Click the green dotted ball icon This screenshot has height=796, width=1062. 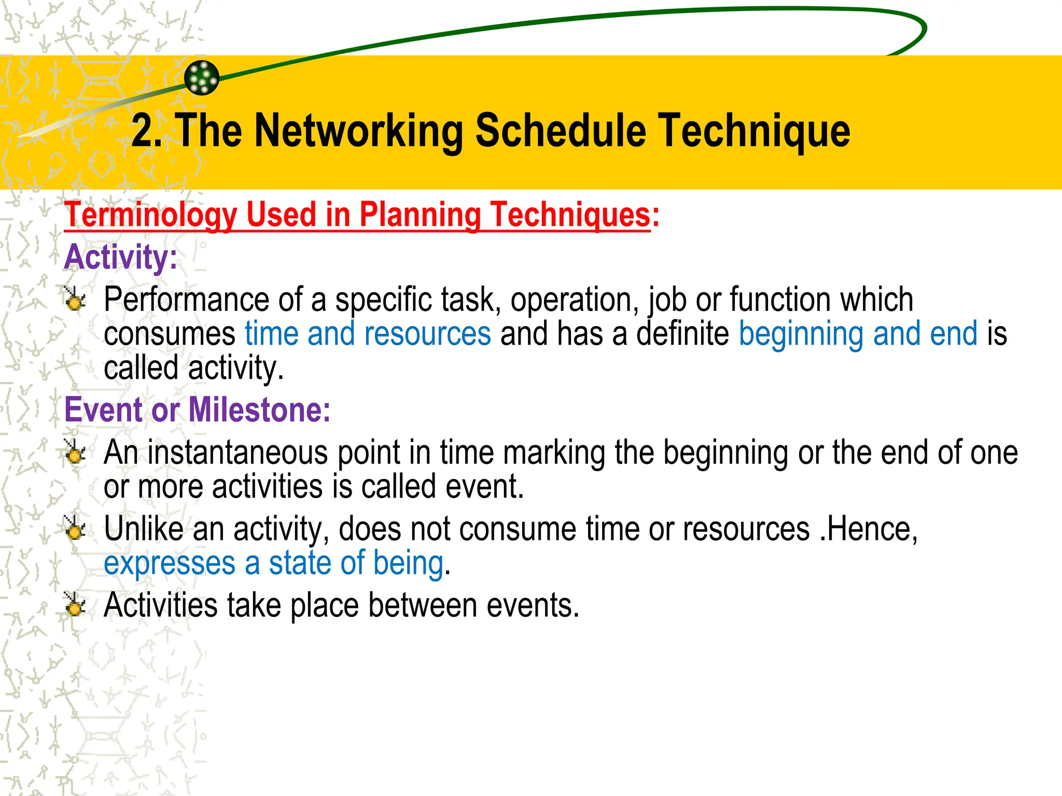202,78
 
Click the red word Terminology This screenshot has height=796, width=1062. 150,215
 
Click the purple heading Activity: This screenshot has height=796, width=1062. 120,257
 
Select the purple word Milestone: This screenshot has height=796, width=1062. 259,410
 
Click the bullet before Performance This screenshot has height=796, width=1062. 75,299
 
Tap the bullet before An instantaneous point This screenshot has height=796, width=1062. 75,452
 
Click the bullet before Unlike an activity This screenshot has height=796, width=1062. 75,529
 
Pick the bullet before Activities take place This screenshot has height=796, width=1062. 75,605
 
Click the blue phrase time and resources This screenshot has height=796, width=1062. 368,334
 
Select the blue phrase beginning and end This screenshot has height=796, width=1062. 858,334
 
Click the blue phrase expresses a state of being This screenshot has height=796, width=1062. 273,563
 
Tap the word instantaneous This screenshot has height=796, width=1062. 237,452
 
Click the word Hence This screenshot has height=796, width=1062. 871,529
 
